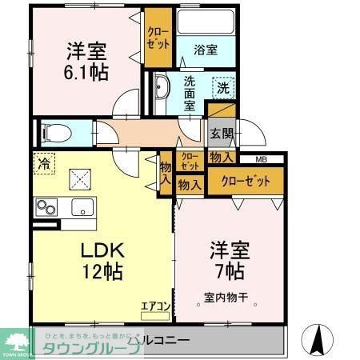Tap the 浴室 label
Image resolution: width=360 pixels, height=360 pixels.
coord(206,50)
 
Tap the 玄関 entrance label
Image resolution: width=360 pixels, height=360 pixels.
coord(222,133)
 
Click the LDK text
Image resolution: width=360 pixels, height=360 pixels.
coord(98,250)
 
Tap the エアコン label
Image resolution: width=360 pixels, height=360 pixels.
coord(154,305)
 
